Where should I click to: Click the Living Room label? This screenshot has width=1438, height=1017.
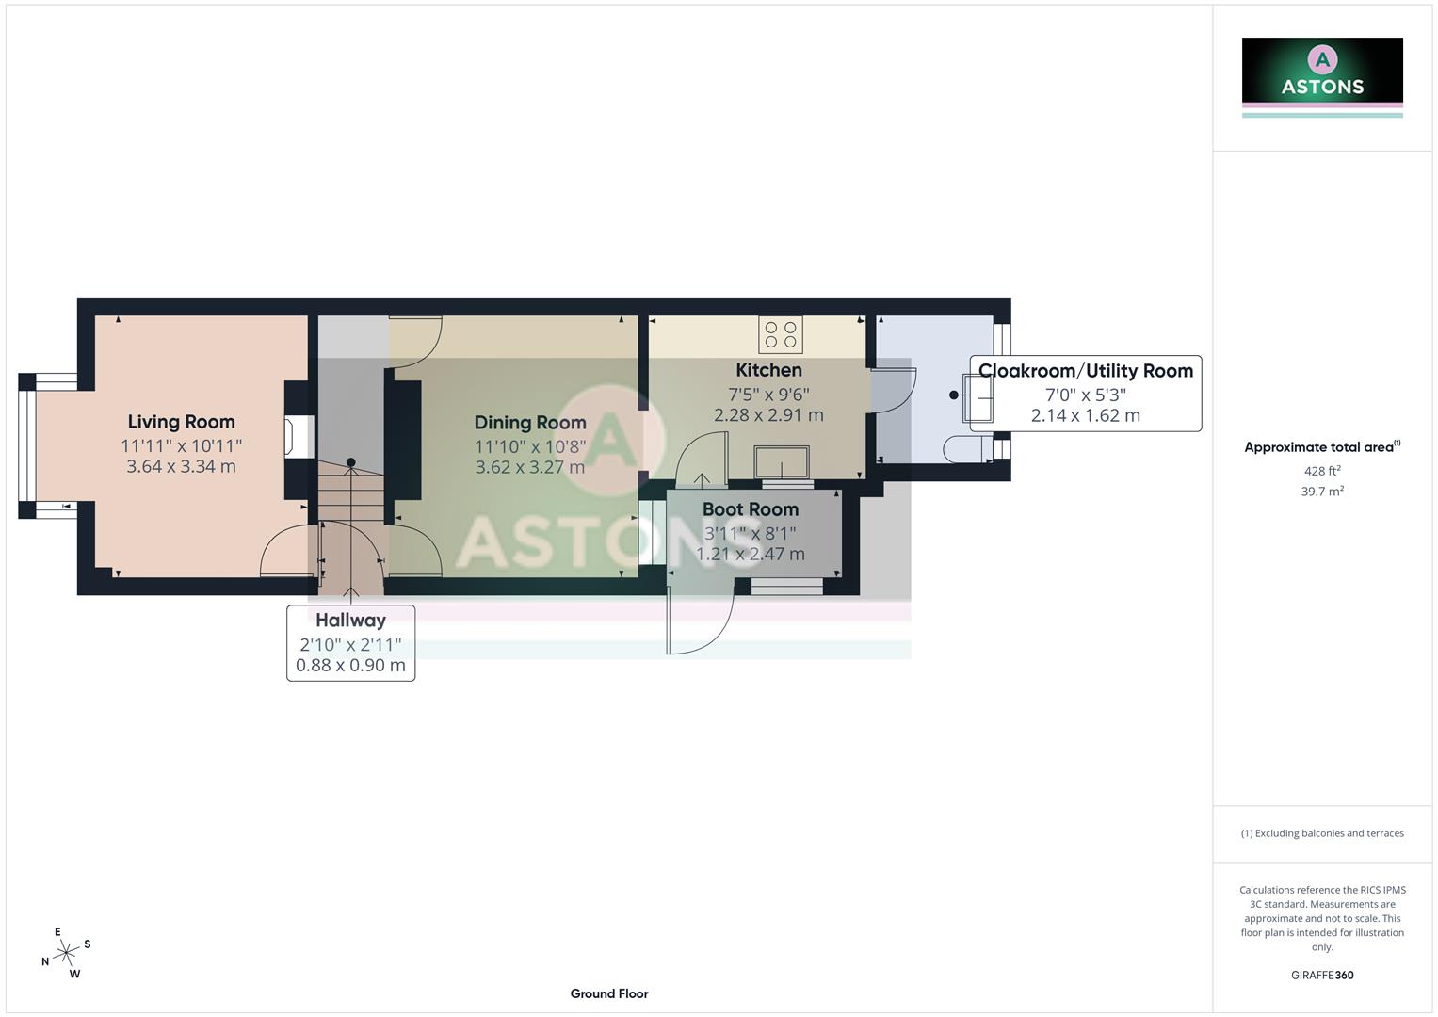(x=181, y=422)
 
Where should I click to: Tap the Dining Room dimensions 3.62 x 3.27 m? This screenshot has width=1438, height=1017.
(x=529, y=467)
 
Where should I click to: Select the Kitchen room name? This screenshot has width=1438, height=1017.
(x=768, y=370)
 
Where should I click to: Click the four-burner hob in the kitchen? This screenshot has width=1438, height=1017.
(x=781, y=334)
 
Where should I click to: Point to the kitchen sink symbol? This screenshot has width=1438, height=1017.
(x=782, y=462)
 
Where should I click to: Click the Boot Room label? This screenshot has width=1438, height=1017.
(x=750, y=509)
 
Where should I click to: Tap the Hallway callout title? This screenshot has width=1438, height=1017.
(x=350, y=621)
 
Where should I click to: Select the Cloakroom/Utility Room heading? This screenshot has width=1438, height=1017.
(x=1085, y=371)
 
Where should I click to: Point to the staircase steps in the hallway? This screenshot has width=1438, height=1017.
(x=351, y=508)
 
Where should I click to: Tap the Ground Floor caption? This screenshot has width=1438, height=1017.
(x=608, y=993)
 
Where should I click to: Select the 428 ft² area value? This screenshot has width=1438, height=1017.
(x=1321, y=471)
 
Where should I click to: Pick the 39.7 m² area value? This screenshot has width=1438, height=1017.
(x=1321, y=492)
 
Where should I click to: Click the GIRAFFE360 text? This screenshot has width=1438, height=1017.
(x=1321, y=976)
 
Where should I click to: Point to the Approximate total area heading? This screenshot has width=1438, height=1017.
(x=1321, y=447)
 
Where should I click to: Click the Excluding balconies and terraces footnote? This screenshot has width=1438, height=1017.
(x=1321, y=833)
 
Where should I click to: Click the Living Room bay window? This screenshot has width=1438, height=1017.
(x=27, y=446)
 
